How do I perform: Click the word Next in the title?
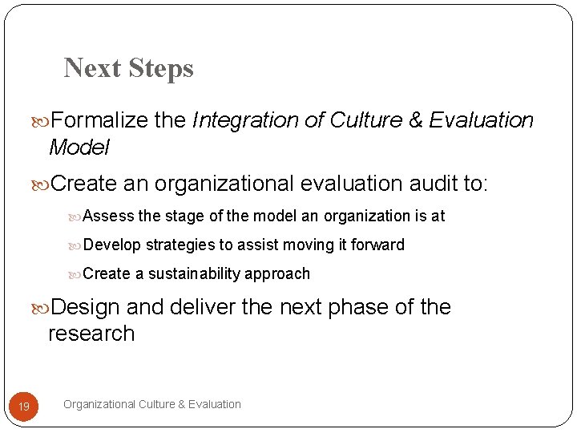[x=91, y=68]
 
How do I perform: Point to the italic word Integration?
[x=245, y=120]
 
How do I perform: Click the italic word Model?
[x=79, y=148]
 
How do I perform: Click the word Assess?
[x=109, y=216]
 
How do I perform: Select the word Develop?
[x=113, y=245]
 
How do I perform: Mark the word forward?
[x=379, y=245]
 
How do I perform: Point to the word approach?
[x=277, y=273]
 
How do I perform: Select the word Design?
[x=84, y=307]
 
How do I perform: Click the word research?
[x=91, y=334]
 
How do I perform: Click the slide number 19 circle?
[x=24, y=407]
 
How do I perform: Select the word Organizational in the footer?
[x=99, y=404]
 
